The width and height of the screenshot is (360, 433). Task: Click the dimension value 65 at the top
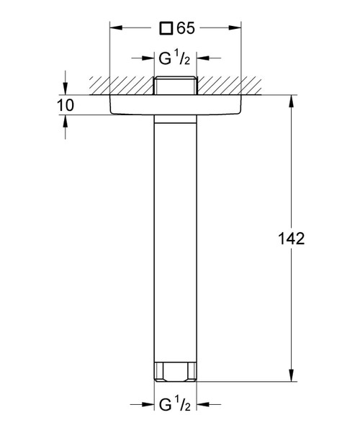(185, 29)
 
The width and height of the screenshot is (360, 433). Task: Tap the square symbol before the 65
(166, 29)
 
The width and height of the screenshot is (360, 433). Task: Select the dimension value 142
(291, 239)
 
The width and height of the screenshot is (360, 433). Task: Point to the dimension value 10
(66, 105)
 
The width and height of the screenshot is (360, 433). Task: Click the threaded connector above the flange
(176, 85)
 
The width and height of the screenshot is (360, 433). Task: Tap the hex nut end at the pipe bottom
(176, 372)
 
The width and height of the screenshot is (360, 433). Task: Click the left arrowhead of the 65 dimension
(114, 29)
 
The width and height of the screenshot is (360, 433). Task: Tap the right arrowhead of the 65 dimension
(238, 29)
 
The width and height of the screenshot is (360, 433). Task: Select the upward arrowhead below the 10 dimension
(66, 122)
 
